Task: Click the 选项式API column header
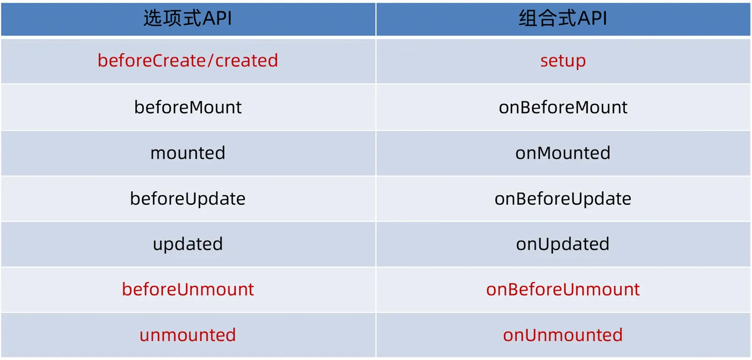click(187, 19)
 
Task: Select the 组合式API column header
click(563, 19)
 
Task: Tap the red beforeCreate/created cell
click(187, 60)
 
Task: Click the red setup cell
click(563, 60)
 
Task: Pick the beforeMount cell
click(187, 107)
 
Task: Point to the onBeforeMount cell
click(563, 107)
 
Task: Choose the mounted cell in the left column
click(187, 153)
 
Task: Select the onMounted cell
click(563, 153)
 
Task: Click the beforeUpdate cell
click(187, 199)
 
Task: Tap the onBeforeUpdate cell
click(563, 199)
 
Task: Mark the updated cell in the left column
click(187, 244)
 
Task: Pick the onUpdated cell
click(563, 244)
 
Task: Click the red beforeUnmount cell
click(187, 290)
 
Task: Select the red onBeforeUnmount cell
click(563, 290)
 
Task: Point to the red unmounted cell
click(187, 335)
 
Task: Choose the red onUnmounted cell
click(563, 335)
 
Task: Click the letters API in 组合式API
click(591, 19)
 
